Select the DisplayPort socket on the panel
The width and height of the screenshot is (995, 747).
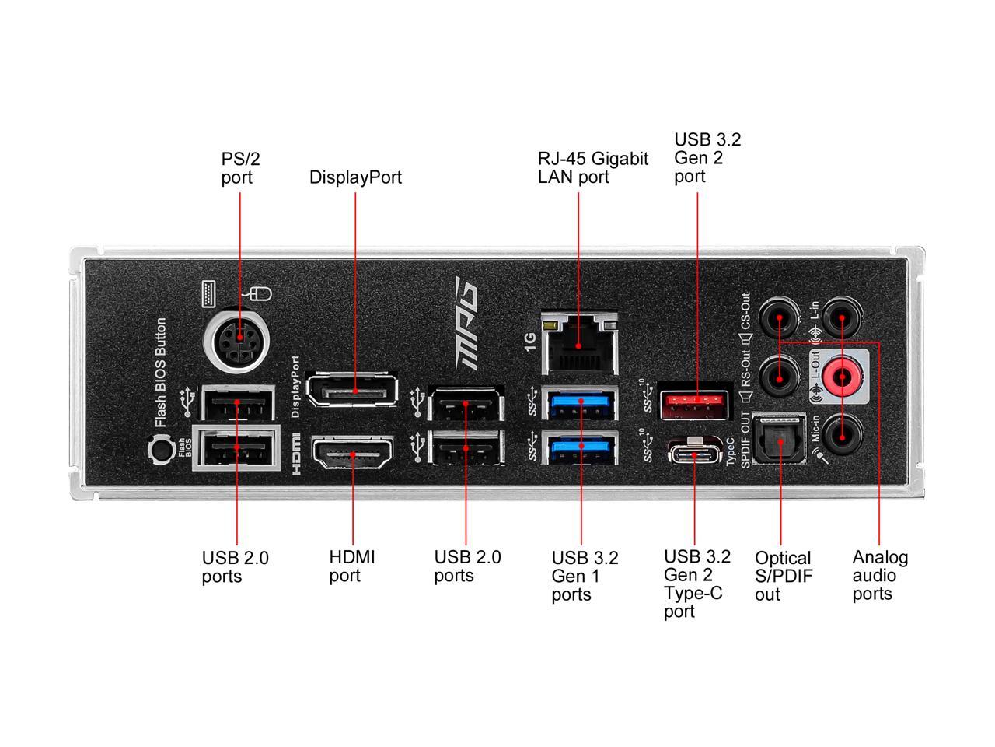coord(353,391)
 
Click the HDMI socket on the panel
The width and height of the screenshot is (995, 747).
coord(352,453)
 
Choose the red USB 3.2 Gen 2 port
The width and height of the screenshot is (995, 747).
coord(695,401)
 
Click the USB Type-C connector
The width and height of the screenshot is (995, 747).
coord(695,453)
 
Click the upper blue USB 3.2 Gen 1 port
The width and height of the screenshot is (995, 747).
coord(581,404)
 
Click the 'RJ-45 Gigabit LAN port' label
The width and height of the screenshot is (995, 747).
coord(592,168)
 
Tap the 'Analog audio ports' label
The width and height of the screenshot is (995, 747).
coord(879,576)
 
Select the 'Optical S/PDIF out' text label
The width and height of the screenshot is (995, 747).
coord(782,576)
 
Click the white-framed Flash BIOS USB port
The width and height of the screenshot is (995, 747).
coord(237,451)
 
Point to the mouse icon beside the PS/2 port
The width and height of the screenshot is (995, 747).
coord(260,294)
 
